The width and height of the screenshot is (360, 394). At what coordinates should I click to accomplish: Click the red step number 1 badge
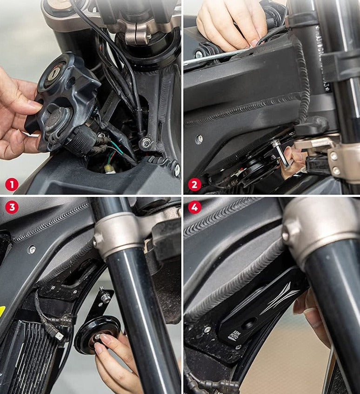click(x=12, y=184)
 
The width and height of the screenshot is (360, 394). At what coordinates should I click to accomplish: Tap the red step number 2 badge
click(x=194, y=184)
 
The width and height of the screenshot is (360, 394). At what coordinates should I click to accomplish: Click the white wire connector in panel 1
click(x=110, y=168)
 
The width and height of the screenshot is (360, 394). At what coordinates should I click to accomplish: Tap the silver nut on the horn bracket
click(x=106, y=297)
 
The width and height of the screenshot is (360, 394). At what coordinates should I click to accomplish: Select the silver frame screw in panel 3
click(x=32, y=250)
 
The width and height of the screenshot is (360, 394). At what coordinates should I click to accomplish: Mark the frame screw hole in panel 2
click(x=199, y=138)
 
